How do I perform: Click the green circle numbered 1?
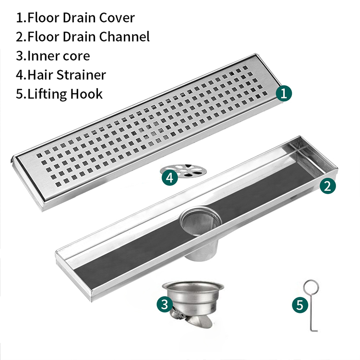click(x=284, y=94)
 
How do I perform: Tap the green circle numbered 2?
click(x=328, y=186)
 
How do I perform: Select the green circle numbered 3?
click(x=165, y=304)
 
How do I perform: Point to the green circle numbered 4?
click(x=170, y=178)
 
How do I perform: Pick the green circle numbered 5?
click(x=300, y=305)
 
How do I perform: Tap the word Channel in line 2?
click(x=124, y=37)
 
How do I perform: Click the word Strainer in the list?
click(x=81, y=75)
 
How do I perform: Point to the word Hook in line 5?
click(x=86, y=94)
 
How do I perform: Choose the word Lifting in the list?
click(x=47, y=95)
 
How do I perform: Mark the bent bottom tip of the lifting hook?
click(x=317, y=331)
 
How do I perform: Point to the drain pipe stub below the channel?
click(x=201, y=251)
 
